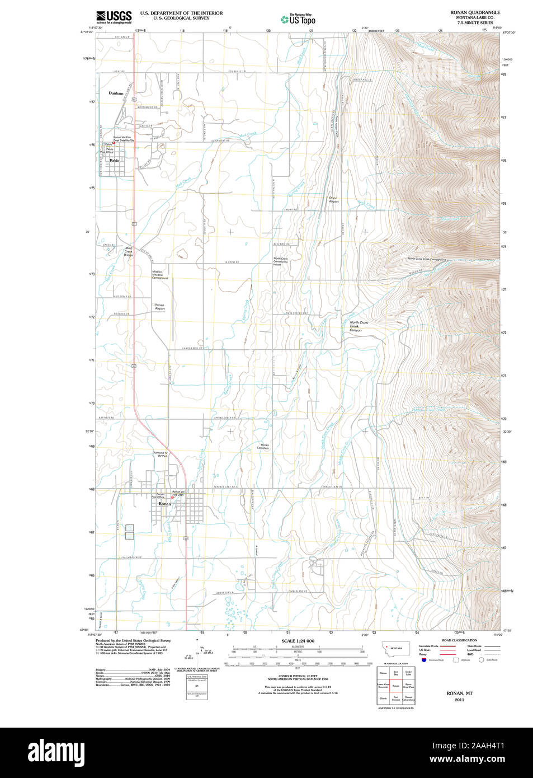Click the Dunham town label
pos(116,93)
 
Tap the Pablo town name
pos(115,161)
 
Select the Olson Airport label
pos(333,199)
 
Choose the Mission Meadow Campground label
pos(159,275)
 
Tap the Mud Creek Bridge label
pos(129,251)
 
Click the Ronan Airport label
pos(160,307)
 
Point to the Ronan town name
pos(164,504)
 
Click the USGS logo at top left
pos(114,17)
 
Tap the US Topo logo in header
pos(298,19)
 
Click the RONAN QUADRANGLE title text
pos(475,12)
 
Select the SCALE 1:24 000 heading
pos(298,641)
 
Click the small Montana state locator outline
pos(395,649)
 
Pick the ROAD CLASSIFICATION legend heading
pos(459,640)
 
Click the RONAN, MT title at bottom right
pos(459,693)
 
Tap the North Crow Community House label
pos(281,261)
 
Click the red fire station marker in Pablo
pos(114,143)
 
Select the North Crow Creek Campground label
pos(427,259)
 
